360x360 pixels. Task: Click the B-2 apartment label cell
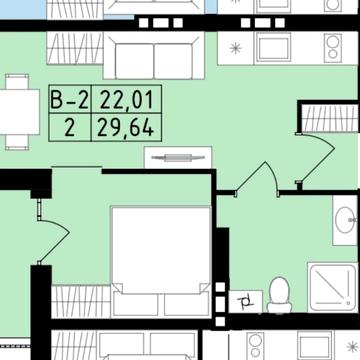coord(70,100)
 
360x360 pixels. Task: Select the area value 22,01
coord(126,100)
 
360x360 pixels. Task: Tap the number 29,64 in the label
coord(125,128)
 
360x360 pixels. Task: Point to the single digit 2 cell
coord(69,128)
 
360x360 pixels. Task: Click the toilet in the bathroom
coord(279,295)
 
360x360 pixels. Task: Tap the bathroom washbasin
coord(345,220)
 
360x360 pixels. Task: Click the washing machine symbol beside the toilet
coord(246,301)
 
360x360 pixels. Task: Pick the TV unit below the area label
coord(178,157)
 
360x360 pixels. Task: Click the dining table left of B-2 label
coord(19,112)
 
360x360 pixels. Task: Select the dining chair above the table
coord(17,82)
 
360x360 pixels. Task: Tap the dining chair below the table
coord(17,142)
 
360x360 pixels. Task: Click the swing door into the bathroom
coord(257,179)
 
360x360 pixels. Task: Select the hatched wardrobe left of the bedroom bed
coord(81,302)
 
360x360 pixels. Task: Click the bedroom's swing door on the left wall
coord(53,231)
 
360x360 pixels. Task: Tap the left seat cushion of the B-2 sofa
coord(134,61)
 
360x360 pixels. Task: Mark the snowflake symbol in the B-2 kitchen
coord(236,49)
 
